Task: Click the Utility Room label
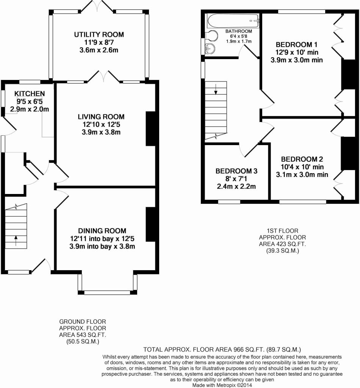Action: coord(99,34)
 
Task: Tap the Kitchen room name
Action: coord(30,94)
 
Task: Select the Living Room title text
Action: coord(101,117)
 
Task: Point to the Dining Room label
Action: coord(102,231)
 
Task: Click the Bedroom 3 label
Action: coord(236,171)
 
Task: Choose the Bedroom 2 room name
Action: coord(302,159)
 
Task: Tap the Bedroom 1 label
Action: coord(296,45)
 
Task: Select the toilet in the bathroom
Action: coord(212,36)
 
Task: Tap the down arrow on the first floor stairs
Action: coord(216,89)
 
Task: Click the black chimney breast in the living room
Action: coord(151,129)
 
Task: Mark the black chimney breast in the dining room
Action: coord(151,224)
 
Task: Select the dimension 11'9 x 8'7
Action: coord(99,42)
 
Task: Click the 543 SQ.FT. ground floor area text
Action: coord(82,335)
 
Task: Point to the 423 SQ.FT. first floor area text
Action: coord(282,244)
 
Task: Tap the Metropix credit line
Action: coord(222,385)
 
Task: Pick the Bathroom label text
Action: coord(238,31)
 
